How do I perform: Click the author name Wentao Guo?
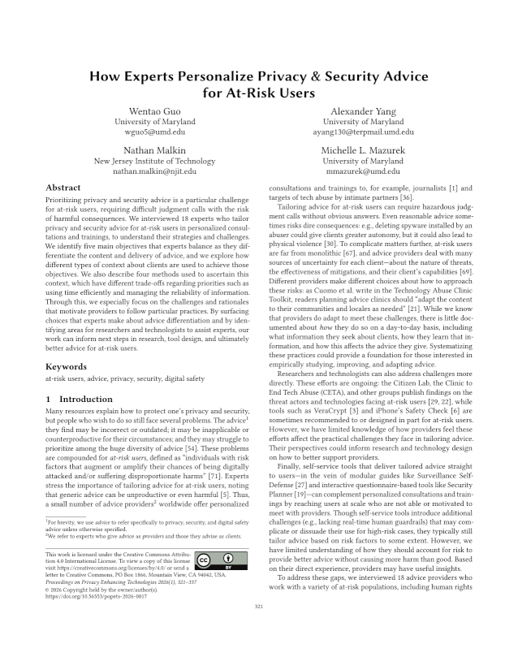click(x=155, y=110)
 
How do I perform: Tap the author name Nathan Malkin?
click(x=155, y=150)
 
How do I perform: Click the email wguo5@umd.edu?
click(x=155, y=132)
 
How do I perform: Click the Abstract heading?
click(x=63, y=188)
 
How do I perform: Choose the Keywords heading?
click(x=66, y=367)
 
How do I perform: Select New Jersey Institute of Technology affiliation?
click(x=155, y=161)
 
